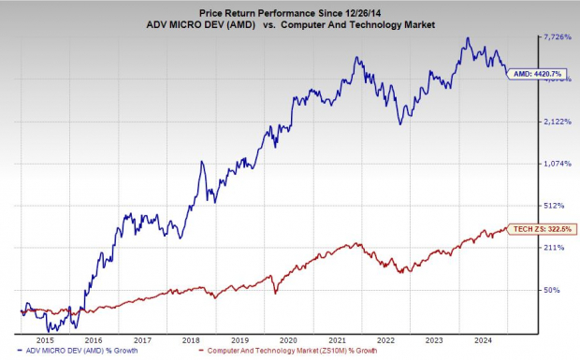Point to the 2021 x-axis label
pos(338,339)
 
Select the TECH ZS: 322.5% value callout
pos(542,228)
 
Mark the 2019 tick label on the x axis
pos(240,339)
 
